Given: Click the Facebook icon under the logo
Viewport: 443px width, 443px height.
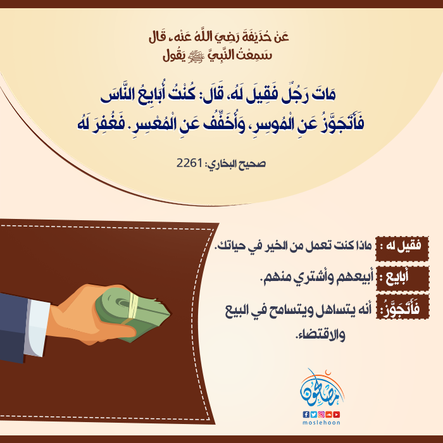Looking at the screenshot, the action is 306,415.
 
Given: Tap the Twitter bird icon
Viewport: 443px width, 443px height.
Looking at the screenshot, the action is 314,415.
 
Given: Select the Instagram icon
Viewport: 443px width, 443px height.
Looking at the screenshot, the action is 321,415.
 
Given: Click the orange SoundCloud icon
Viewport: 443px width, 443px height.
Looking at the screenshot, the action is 329,415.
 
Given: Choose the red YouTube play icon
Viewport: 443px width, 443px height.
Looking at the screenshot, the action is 337,415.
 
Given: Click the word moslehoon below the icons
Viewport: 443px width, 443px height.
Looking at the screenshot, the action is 321,423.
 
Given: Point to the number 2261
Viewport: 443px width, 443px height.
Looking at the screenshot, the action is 189,163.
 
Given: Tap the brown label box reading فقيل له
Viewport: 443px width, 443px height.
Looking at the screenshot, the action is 402,249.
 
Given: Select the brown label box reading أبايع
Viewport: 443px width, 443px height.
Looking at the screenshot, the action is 402,279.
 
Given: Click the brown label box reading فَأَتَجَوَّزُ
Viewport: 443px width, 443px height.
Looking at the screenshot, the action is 402,307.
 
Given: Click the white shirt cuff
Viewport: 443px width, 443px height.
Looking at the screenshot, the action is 37,328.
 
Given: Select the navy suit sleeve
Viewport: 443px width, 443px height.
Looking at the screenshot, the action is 13,328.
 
